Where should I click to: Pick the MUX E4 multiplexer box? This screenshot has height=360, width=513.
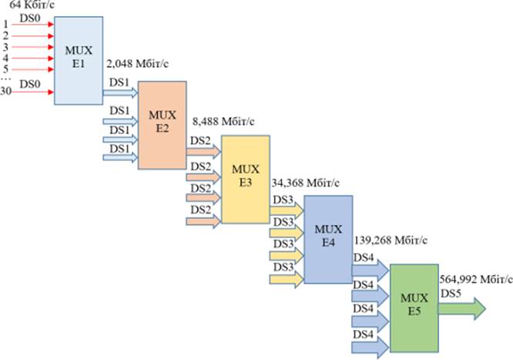click(x=329, y=239)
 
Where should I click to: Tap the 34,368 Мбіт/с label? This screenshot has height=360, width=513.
click(x=306, y=183)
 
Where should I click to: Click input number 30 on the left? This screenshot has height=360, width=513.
click(x=8, y=93)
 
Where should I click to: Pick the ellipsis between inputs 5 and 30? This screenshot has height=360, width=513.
click(x=6, y=79)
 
